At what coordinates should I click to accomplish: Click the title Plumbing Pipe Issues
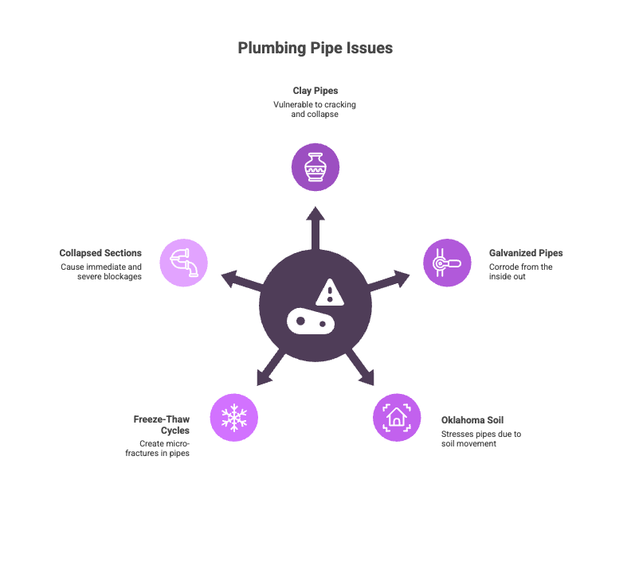[315, 49]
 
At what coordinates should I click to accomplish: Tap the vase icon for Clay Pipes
[315, 167]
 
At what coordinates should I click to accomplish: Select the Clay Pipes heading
[315, 91]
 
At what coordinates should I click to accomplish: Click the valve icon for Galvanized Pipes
[446, 263]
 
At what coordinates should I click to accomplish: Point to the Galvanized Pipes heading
[526, 253]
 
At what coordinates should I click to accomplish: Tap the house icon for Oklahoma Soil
[397, 417]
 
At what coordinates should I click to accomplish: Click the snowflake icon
[234, 417]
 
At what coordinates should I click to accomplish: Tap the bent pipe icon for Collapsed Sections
[184, 263]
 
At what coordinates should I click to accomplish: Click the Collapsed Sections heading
[100, 253]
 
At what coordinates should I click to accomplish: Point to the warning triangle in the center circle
[329, 293]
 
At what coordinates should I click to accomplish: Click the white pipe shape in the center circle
[312, 321]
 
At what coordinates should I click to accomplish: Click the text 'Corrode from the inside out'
[521, 272]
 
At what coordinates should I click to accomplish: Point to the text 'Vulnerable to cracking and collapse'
[315, 110]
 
